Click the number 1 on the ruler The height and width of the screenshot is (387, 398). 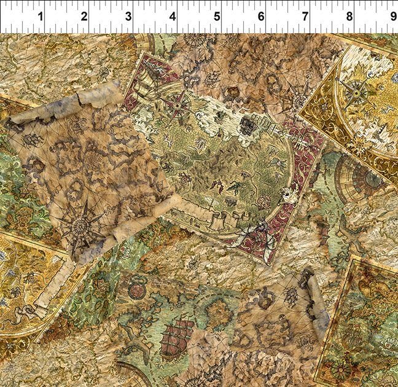41,17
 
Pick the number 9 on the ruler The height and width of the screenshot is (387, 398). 392,17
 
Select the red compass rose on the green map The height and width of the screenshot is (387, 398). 178,102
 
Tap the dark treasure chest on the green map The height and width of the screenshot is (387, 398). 247,125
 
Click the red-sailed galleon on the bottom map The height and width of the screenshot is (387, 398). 176,337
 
